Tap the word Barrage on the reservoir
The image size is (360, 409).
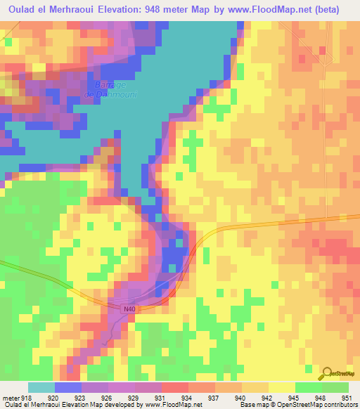click(98, 85)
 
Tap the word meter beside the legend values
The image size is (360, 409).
click(11, 397)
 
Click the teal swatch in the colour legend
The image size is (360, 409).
click(41, 387)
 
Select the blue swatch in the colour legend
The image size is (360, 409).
click(67, 387)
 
